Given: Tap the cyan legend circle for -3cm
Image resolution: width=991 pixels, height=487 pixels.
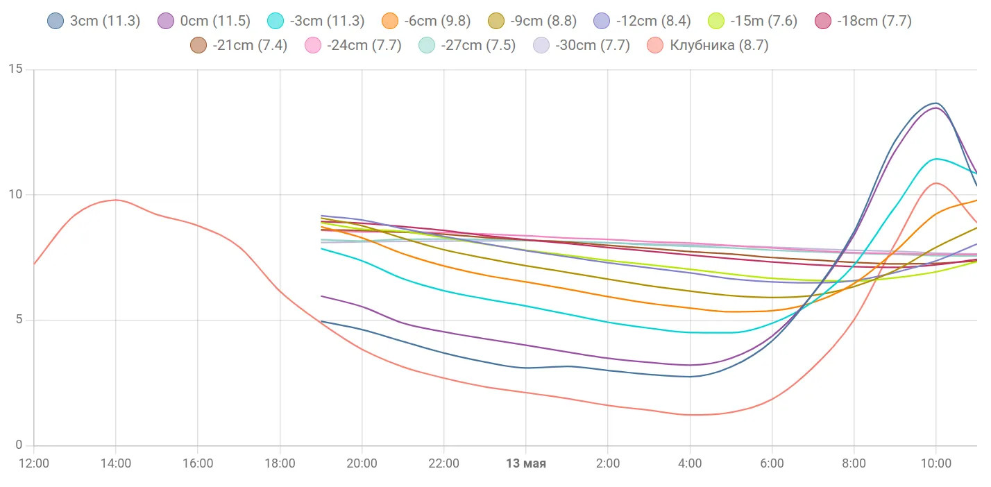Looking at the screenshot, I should pos(276,21).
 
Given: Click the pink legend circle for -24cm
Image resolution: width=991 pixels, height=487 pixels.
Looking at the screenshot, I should pos(313,46).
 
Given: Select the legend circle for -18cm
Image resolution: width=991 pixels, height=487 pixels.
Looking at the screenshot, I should pos(824,21).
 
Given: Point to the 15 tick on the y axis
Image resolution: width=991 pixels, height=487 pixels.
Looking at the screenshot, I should pos(15,69).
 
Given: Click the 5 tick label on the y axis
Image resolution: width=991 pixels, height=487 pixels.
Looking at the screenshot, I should pos(19,320).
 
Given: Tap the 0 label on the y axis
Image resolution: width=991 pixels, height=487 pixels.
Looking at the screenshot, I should pos(19,445).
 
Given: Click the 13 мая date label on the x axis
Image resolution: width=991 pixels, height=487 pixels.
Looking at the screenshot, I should pos(525,463).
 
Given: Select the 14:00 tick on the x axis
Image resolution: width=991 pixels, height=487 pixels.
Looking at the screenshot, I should pos(115,463).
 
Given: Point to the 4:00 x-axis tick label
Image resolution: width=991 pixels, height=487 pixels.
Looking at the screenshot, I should pos(690,463).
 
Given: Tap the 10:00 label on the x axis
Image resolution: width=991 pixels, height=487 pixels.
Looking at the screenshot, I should pos(935,463).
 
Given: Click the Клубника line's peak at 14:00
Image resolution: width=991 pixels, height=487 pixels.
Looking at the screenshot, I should pos(115,200).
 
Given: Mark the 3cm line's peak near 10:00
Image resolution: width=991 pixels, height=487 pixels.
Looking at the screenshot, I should pos(935,103).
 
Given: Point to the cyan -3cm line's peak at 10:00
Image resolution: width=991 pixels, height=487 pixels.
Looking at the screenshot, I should pos(936,159).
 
